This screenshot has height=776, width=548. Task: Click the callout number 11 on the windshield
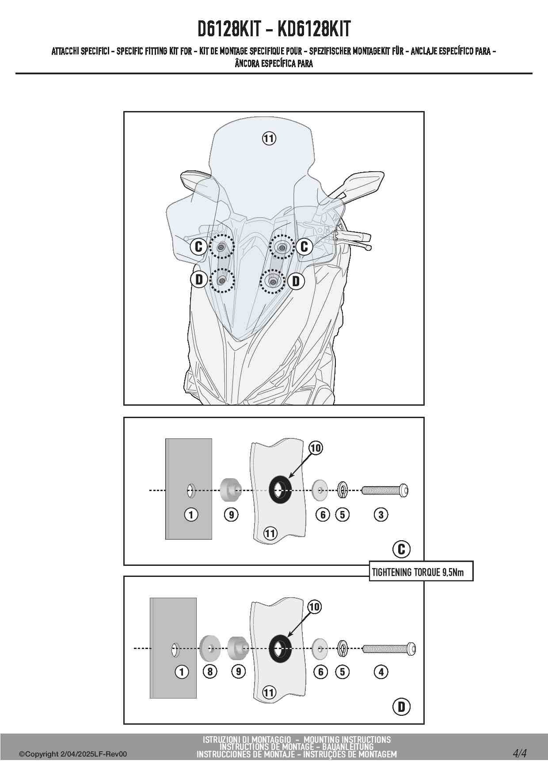tap(269, 138)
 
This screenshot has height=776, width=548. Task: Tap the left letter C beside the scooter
tap(198, 246)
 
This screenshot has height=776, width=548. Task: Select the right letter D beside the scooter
tap(296, 280)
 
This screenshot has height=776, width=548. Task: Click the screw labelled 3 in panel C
tap(384, 490)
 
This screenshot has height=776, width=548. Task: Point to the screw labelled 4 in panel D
tap(389, 649)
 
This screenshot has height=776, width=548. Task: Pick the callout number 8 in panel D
tap(210, 672)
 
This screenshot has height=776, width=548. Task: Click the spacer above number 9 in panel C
tap(230, 490)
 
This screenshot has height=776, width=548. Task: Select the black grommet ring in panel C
tap(280, 489)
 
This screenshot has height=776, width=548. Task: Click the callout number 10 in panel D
tap(314, 607)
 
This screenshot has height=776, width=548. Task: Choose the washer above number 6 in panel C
tap(320, 490)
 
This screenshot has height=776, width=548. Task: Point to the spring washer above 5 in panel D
tap(342, 649)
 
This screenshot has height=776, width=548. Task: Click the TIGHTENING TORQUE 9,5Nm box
tap(421, 572)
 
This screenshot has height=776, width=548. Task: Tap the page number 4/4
tap(520, 753)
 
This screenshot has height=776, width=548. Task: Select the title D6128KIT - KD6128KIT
tap(274, 29)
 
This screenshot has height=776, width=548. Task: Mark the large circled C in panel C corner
tap(401, 549)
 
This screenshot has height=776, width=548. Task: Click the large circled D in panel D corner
tap(401, 707)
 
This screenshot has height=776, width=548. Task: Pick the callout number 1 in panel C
tap(191, 515)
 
